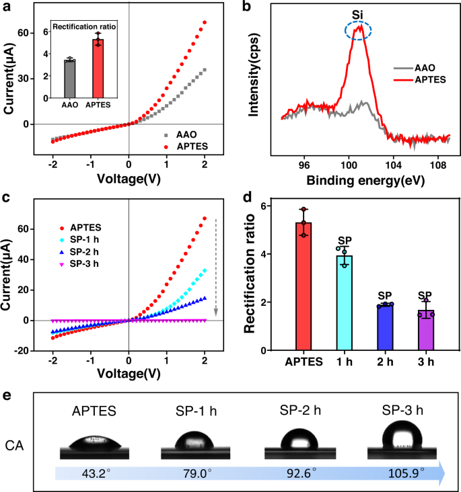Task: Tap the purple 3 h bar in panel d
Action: point(425,330)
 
